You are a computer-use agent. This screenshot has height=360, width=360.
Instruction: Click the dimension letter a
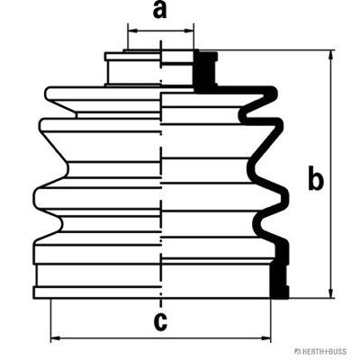point(159,10)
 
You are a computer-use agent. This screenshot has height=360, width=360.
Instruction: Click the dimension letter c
point(160,321)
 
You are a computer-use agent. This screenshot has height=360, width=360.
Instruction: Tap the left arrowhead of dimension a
point(132,31)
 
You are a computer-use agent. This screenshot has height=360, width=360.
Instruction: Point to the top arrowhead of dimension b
point(331,55)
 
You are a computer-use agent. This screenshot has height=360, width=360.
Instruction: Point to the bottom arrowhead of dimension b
point(331,293)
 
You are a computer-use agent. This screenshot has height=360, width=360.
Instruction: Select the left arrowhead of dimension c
point(56,338)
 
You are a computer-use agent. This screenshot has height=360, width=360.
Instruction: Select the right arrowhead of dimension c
point(265,338)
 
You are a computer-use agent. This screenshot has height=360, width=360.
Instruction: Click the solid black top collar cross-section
point(205,70)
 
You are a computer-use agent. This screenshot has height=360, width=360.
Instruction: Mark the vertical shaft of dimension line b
point(331,175)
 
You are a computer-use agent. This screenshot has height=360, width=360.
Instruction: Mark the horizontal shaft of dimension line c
point(161,338)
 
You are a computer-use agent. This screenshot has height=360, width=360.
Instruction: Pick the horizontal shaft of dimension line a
point(161,31)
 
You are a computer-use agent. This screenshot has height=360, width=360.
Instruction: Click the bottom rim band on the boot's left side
point(96,292)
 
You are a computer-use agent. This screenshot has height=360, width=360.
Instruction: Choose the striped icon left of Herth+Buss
point(296,352)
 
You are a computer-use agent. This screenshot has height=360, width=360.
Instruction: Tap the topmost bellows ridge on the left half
point(102,93)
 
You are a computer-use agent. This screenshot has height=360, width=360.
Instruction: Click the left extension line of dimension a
point(128,36)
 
